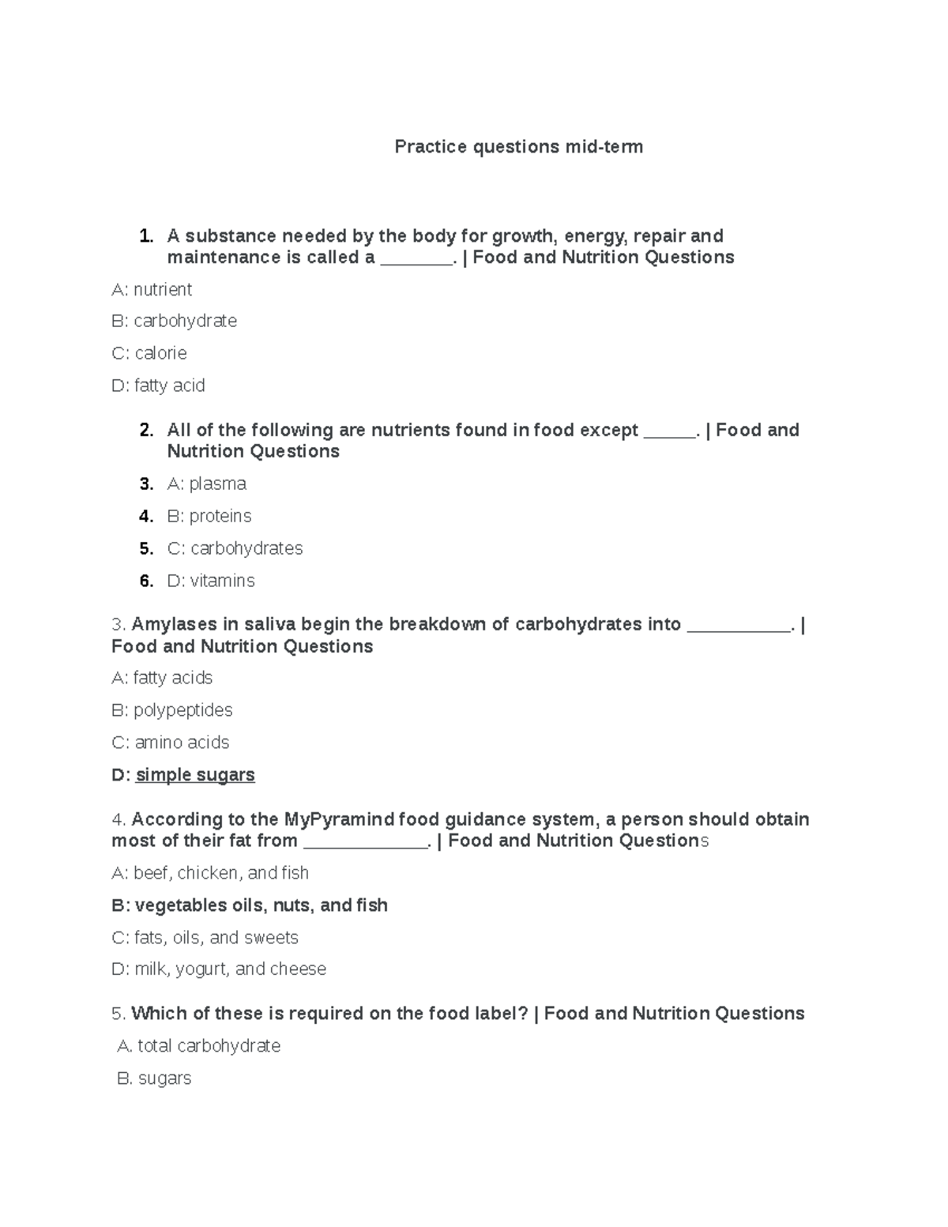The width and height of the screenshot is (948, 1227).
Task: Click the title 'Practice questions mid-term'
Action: point(518,147)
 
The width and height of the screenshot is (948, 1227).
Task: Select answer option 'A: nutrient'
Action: point(152,290)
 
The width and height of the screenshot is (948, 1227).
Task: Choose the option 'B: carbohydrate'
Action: point(174,321)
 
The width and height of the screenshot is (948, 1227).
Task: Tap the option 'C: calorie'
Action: point(149,353)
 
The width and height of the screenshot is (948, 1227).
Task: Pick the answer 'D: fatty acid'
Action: point(158,386)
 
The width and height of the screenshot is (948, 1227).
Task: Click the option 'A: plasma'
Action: point(206,484)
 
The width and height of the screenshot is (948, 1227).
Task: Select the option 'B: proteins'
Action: point(209,516)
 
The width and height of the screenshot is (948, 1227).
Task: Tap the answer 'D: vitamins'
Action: point(210,581)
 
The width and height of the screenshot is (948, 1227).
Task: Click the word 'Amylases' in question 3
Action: point(175,624)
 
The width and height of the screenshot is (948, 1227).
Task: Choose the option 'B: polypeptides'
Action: point(171,710)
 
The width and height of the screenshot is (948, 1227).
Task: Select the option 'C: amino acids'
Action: point(170,743)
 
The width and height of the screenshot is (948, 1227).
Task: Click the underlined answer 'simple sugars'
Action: point(195,775)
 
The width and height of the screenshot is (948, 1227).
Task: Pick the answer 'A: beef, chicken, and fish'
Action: point(209,873)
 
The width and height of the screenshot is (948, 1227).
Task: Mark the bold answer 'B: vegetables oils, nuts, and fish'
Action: point(250,905)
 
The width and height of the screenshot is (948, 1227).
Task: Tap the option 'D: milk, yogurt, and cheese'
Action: point(219,969)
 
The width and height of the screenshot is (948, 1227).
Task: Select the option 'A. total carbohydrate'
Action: point(198,1046)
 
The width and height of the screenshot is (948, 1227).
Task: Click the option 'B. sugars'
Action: point(154,1078)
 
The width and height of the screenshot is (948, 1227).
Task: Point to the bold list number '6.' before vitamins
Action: point(146,581)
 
